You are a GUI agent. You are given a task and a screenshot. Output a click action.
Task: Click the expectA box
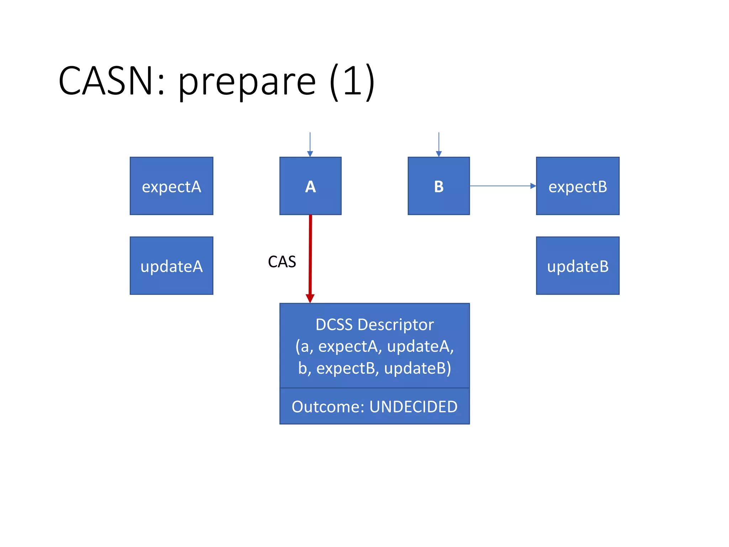pyautogui.click(x=171, y=186)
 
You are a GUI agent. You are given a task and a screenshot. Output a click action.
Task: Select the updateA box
pyautogui.click(x=171, y=266)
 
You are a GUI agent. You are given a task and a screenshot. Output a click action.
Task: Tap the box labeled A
pyautogui.click(x=310, y=186)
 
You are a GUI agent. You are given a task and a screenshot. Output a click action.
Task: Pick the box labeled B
pyautogui.click(x=439, y=186)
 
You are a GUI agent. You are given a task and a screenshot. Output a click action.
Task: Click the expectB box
pyautogui.click(x=577, y=186)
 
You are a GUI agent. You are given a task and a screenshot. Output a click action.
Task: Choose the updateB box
pyautogui.click(x=577, y=266)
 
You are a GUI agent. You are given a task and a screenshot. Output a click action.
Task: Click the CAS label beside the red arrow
pyautogui.click(x=282, y=262)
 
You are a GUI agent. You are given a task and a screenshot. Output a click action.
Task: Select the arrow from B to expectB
pyautogui.click(x=502, y=186)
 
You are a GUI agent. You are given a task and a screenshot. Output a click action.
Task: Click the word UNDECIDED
pyautogui.click(x=413, y=407)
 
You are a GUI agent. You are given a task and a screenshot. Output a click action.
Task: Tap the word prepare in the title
pyautogui.click(x=246, y=83)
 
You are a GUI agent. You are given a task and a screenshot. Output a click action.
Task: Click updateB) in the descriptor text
pyautogui.click(x=418, y=368)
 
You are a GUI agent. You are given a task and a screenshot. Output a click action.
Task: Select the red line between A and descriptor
pyautogui.click(x=310, y=249)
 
